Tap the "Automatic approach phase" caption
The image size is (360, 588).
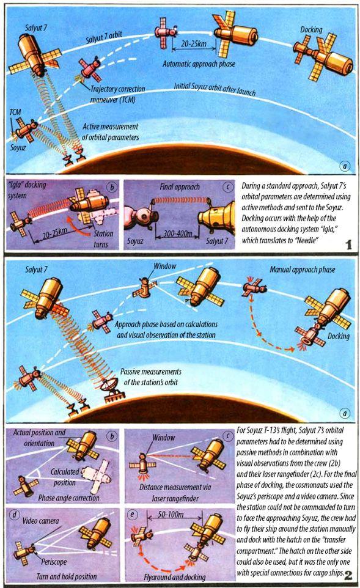click(199, 64)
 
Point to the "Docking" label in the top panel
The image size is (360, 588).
click(311, 29)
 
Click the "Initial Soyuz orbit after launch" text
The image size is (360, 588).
click(215, 89)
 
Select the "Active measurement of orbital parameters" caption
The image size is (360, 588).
click(110, 132)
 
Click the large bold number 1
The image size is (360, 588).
click(349, 245)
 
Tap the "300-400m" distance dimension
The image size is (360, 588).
click(178, 233)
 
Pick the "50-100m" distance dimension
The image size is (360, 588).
click(171, 514)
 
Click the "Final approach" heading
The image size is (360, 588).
click(180, 187)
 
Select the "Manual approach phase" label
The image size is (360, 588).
click(303, 270)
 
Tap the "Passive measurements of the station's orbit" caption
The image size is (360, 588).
click(151, 377)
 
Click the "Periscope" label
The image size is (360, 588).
click(54, 562)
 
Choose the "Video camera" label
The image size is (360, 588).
click(40, 521)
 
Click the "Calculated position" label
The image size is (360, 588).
click(65, 477)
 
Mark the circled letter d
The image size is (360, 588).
click(15, 515)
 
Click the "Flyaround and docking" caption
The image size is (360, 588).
click(175, 577)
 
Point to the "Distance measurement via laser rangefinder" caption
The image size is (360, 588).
click(175, 493)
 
